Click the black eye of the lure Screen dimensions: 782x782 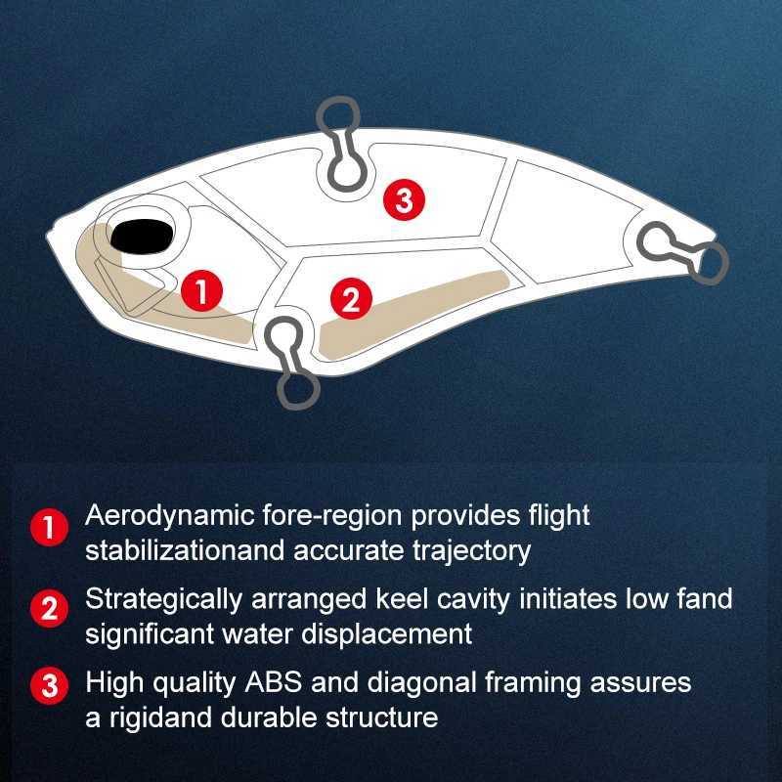pyautogui.click(x=142, y=236)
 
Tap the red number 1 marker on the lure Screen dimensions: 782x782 pyautogui.click(x=201, y=290)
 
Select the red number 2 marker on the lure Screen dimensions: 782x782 pyautogui.click(x=351, y=299)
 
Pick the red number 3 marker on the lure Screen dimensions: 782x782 pyautogui.click(x=404, y=199)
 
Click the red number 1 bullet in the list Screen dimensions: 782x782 pyautogui.click(x=50, y=527)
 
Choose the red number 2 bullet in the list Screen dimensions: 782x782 pyautogui.click(x=50, y=608)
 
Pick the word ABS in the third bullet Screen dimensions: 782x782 pyautogui.click(x=274, y=682)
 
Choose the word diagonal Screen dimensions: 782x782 pyautogui.click(x=422, y=683)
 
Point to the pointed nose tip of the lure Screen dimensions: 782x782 pyautogui.click(x=47, y=236)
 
